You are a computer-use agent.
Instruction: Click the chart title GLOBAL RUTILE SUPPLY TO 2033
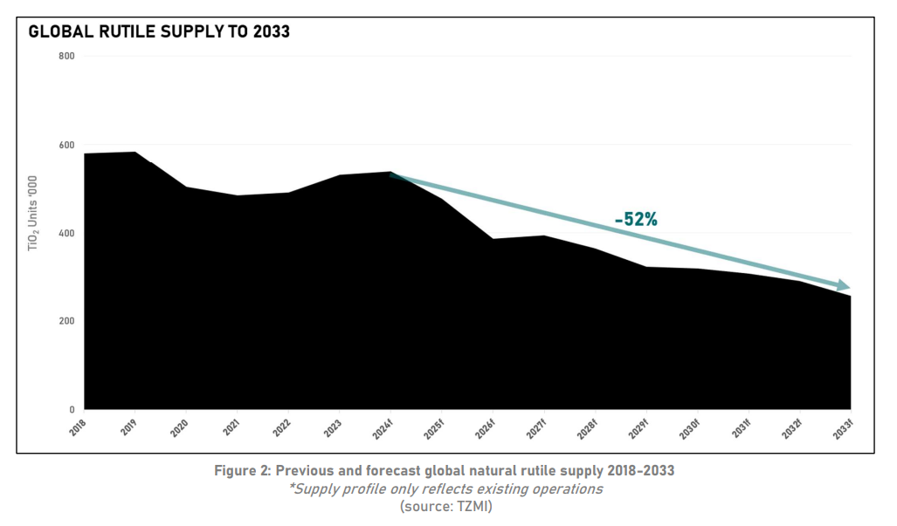[159, 32]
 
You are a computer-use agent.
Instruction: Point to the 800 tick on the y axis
[66, 57]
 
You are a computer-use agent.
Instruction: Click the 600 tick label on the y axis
[66, 146]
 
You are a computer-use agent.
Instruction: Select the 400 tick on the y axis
[66, 234]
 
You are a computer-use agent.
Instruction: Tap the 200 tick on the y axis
[66, 322]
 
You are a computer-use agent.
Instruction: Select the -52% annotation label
[636, 220]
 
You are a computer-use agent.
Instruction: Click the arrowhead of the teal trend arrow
[843, 285]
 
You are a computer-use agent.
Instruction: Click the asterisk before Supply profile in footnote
[291, 487]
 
